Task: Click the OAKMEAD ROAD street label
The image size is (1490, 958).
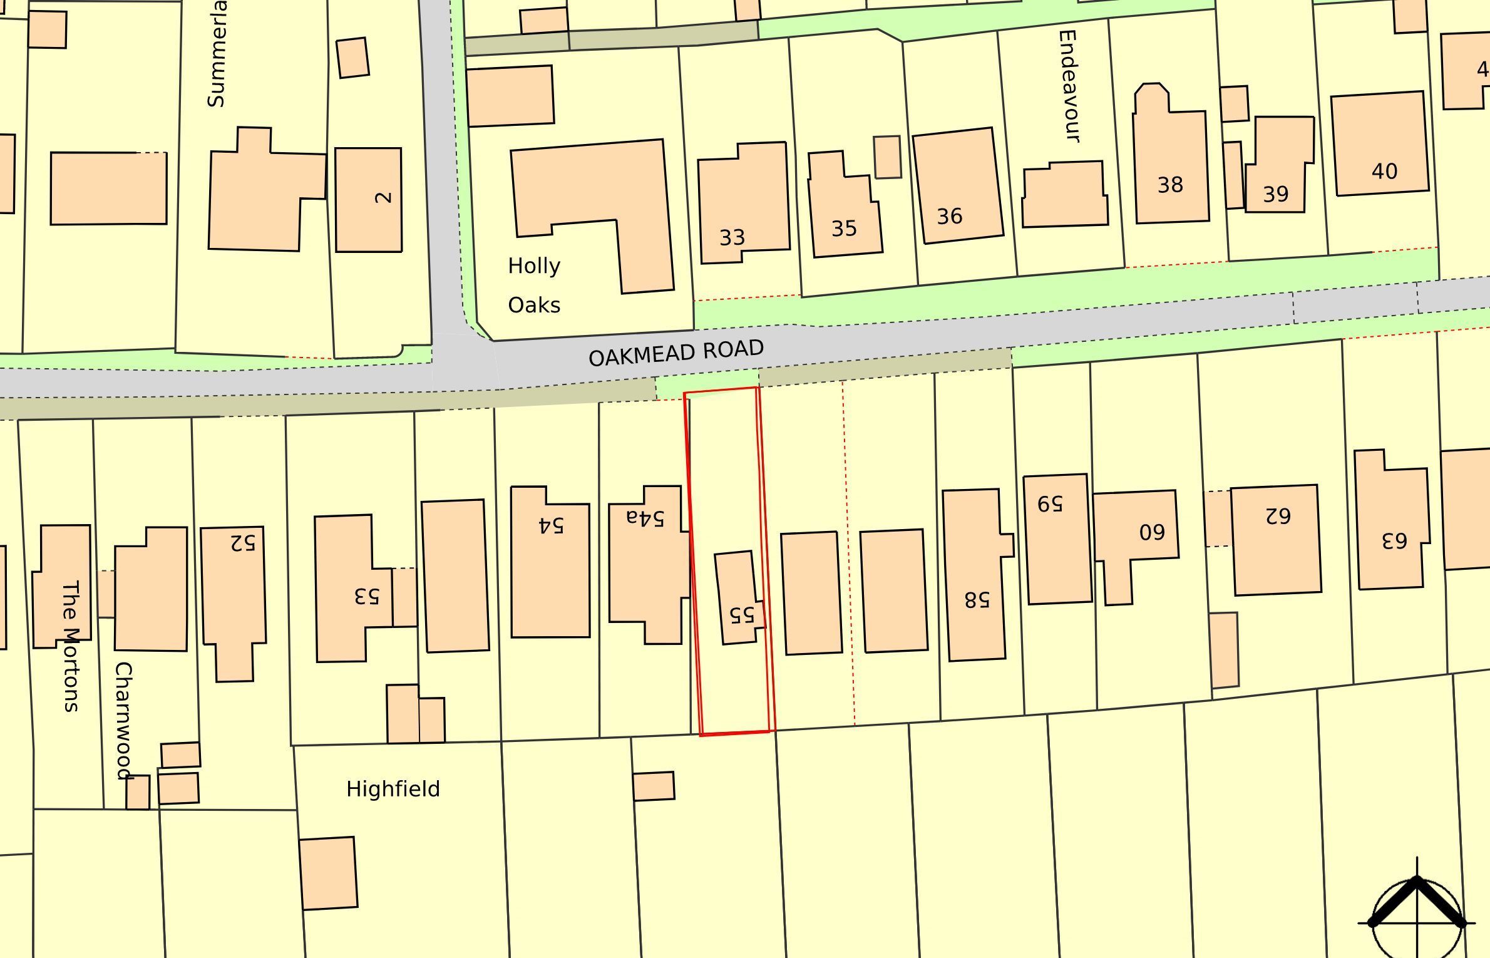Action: (676, 353)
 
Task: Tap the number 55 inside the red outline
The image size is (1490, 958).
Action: (742, 614)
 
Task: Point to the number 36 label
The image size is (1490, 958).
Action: (949, 217)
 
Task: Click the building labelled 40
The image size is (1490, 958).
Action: (1380, 144)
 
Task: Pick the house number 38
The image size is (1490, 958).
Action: (1170, 185)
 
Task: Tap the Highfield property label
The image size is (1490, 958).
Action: (393, 789)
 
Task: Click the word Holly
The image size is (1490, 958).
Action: (534, 266)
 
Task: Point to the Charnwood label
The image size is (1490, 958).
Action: (124, 720)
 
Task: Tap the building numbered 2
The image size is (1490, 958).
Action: (369, 200)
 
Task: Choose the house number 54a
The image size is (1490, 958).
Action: (645, 517)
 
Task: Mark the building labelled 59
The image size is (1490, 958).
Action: (1057, 538)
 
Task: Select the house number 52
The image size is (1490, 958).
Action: (243, 542)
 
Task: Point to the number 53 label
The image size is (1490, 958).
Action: (367, 596)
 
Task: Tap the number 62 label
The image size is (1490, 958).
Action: (1278, 516)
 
